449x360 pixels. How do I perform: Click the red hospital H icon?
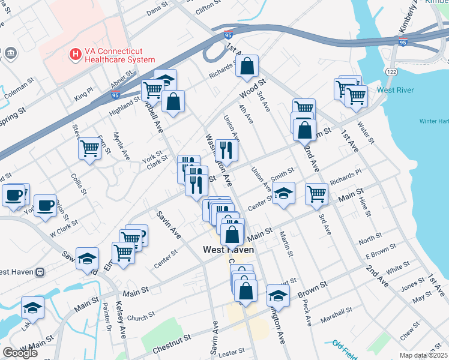76,55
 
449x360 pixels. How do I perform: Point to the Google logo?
20,353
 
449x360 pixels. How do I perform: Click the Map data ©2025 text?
424,355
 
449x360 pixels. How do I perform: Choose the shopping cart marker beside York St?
90,148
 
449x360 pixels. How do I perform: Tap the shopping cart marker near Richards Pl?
316,193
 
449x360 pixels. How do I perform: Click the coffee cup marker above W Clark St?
45,205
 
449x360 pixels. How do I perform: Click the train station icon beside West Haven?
41,271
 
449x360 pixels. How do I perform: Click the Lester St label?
234,350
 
